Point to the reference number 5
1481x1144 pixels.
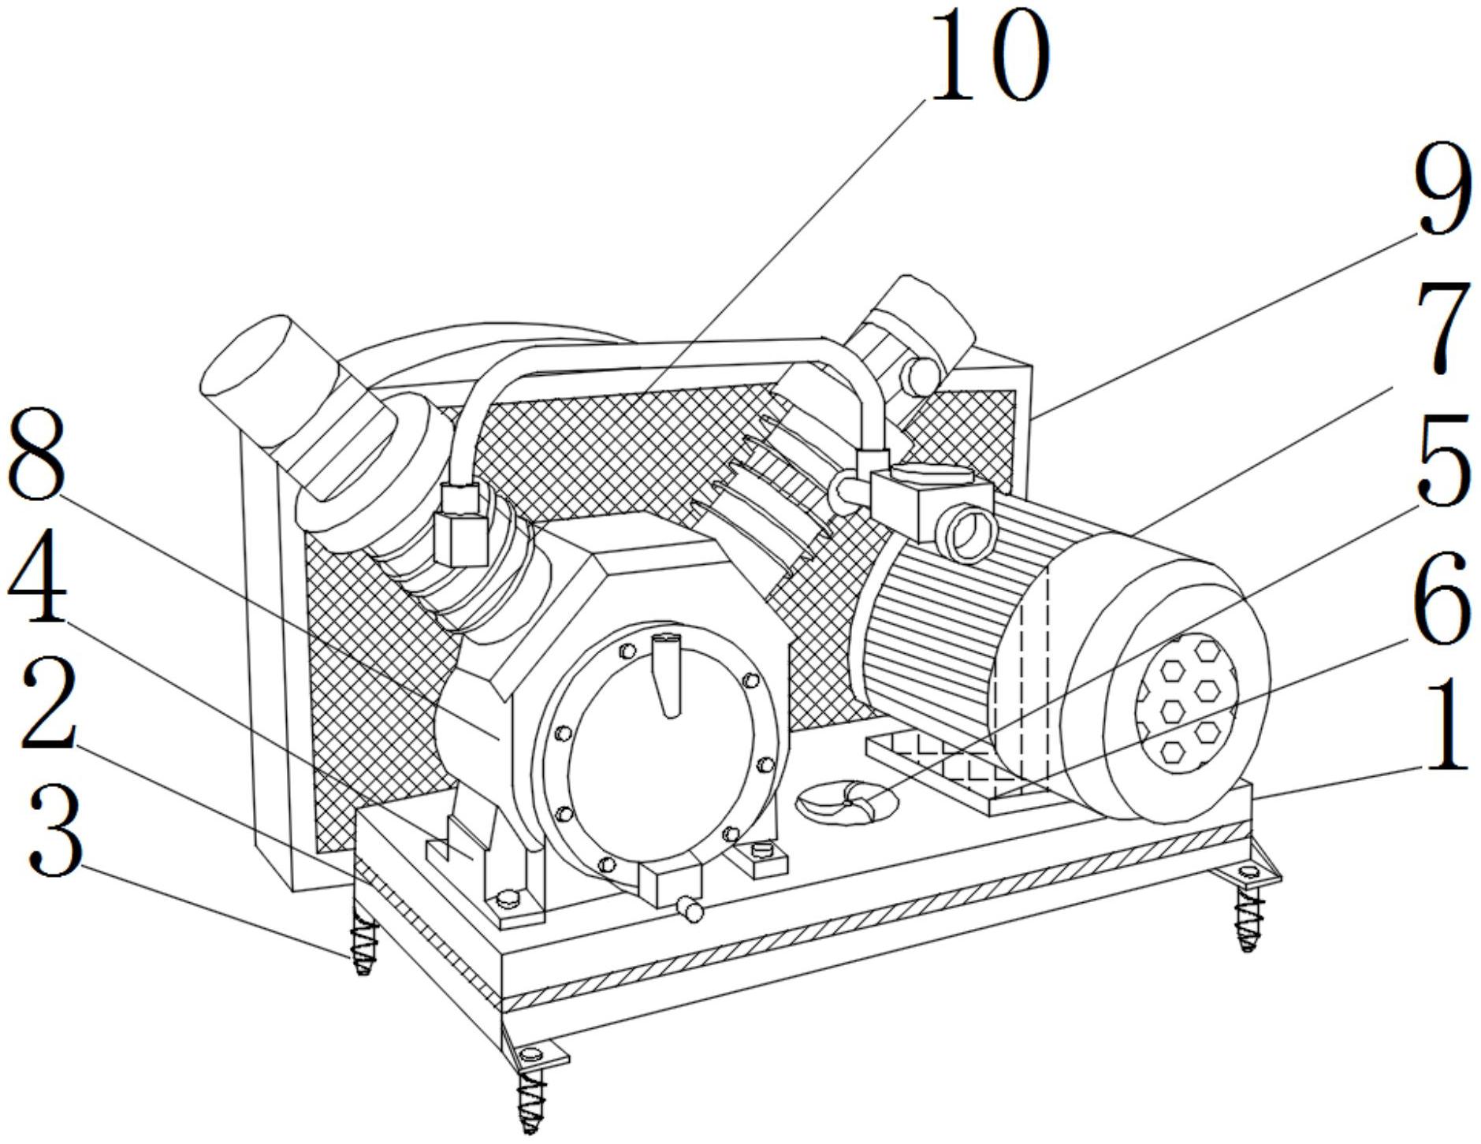click(x=1444, y=459)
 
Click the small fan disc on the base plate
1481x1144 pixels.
click(x=846, y=803)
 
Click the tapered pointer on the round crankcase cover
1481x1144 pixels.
click(x=668, y=674)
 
